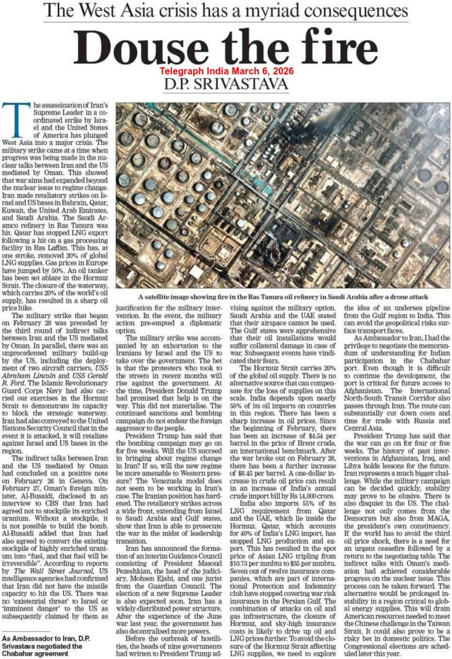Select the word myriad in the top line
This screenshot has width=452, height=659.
(271, 10)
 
